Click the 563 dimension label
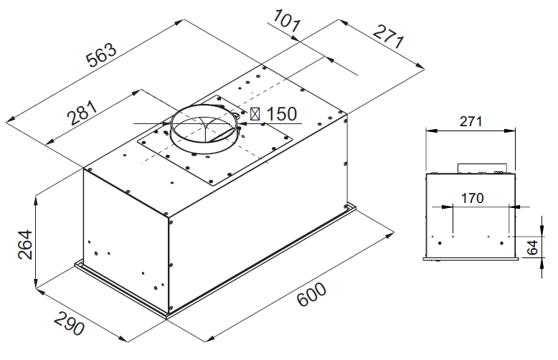tap(101, 60)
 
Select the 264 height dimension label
tap(24, 247)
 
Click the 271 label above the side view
tap(470, 121)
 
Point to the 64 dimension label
tap(531, 249)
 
